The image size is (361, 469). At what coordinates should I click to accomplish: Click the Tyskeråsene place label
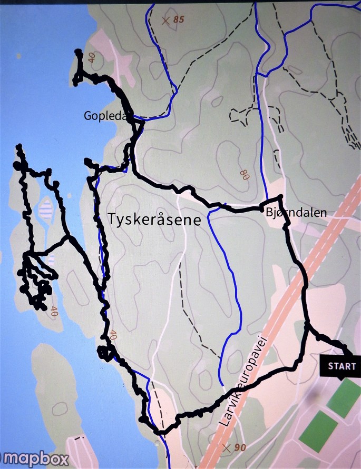(x=154, y=220)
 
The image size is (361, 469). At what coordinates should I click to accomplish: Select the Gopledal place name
(x=105, y=116)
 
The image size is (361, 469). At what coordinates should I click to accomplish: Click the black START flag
(x=342, y=366)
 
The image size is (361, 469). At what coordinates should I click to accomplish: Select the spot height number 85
(x=179, y=20)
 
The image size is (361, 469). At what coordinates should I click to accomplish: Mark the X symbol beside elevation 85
(x=165, y=21)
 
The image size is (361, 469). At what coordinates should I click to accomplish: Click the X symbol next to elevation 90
(x=227, y=448)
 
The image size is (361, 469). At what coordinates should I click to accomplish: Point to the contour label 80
(x=244, y=175)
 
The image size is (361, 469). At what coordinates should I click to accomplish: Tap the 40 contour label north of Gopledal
(x=93, y=58)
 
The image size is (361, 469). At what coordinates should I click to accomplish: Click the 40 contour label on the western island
(x=53, y=312)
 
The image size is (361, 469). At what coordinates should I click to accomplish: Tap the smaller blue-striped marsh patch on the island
(x=52, y=260)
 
